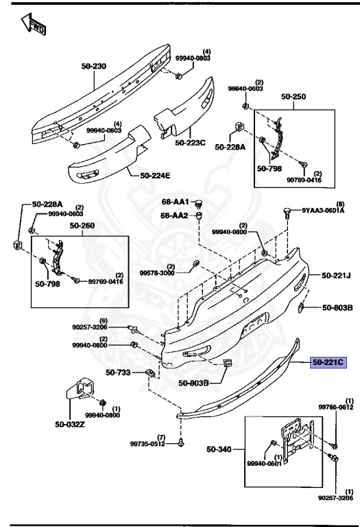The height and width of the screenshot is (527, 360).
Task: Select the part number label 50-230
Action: pyautogui.click(x=95, y=66)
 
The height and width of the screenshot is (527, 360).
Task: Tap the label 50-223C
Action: pyautogui.click(x=191, y=143)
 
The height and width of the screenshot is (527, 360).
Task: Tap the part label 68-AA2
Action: pyautogui.click(x=175, y=215)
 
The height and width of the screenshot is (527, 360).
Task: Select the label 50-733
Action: pyautogui.click(x=119, y=373)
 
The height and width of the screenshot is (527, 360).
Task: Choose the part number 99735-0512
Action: pyautogui.click(x=148, y=444)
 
